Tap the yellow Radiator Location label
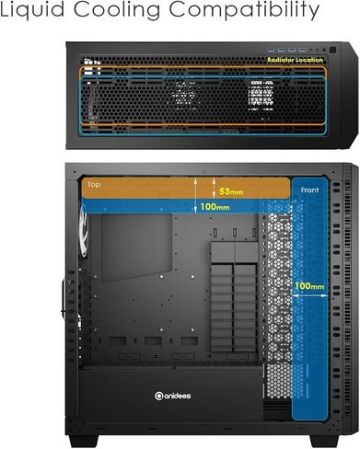295,59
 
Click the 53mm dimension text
232,191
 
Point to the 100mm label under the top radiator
216,207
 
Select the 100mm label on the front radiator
309,286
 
